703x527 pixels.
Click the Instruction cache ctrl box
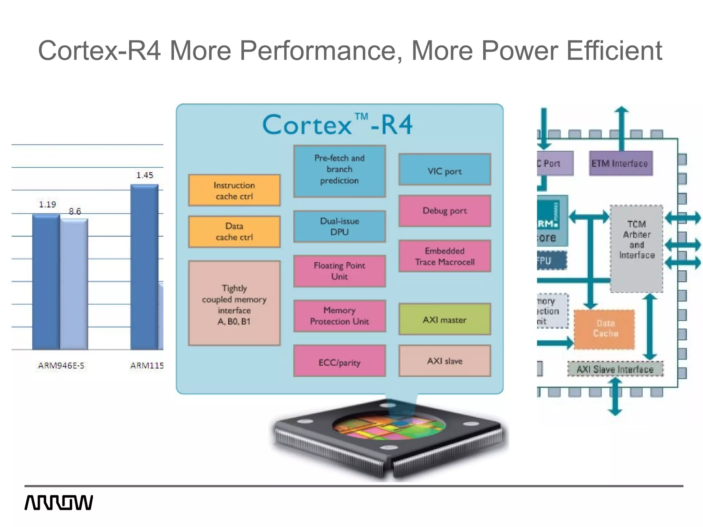(x=234, y=190)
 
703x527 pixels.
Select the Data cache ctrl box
(x=234, y=232)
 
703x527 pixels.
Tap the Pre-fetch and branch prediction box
(x=339, y=171)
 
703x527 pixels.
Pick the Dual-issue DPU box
(x=339, y=226)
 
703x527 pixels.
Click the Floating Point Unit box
(x=339, y=271)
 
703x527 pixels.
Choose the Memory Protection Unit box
(x=339, y=316)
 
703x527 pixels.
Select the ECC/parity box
(x=339, y=361)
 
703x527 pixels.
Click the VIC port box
(x=445, y=169)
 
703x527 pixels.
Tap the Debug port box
(x=445, y=211)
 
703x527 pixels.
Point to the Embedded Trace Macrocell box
(x=445, y=256)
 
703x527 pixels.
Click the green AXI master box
(x=445, y=319)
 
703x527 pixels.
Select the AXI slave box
(x=445, y=361)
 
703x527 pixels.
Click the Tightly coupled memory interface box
(x=234, y=303)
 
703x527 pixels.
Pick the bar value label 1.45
(x=145, y=175)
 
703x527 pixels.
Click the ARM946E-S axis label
(x=61, y=366)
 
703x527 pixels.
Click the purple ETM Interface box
(x=621, y=164)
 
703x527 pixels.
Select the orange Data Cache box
(x=604, y=329)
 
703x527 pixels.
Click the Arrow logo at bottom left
(x=59, y=503)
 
